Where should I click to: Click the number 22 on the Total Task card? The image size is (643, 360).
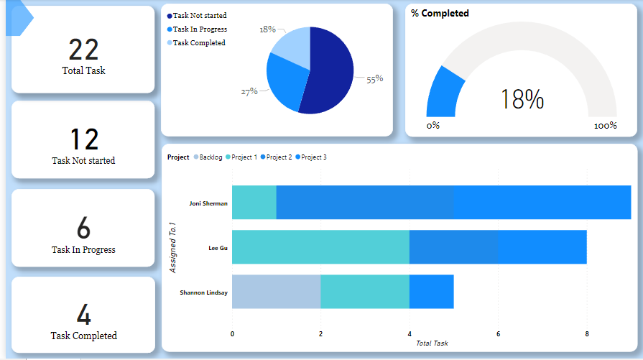point(83,50)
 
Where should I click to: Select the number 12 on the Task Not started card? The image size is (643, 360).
point(83,139)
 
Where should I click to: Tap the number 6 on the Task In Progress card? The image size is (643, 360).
point(83,228)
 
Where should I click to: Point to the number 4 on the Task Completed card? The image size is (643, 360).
point(83,315)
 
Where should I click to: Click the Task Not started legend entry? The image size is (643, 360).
point(199,15)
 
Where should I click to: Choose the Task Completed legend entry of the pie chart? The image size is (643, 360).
point(198,42)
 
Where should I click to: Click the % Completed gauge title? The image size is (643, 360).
point(440,13)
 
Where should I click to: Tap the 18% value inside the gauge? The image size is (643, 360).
point(522,100)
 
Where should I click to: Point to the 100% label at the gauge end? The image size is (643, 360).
point(605,126)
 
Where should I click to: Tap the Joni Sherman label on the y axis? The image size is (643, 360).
point(208,203)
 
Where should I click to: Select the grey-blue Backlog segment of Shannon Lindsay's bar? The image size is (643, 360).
point(276,292)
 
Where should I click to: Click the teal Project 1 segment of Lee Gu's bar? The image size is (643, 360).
point(320,247)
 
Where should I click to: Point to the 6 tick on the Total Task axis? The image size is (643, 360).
point(498,333)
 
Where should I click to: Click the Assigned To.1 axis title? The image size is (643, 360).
point(172,247)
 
